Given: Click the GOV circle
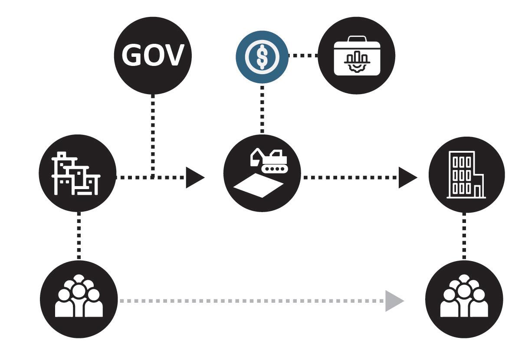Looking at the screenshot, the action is [x=153, y=56].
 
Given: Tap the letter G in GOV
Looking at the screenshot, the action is [x=131, y=56].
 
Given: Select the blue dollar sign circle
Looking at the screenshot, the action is [x=262, y=57].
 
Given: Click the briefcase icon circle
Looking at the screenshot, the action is [x=356, y=56].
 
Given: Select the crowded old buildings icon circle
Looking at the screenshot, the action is [x=78, y=173].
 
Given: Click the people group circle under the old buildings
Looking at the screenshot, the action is [x=79, y=299].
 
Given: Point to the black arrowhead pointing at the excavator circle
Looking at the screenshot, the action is [x=194, y=177].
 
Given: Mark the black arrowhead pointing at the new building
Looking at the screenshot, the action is [x=407, y=177].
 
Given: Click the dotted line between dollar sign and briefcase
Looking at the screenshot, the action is [x=303, y=56].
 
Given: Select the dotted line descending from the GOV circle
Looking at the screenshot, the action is [x=153, y=130].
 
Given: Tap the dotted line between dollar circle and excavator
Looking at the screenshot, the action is [x=262, y=108].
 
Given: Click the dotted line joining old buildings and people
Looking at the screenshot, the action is [x=79, y=236].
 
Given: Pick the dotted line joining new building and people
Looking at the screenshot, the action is [x=464, y=236].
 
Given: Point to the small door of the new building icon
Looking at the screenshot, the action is [x=478, y=191].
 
